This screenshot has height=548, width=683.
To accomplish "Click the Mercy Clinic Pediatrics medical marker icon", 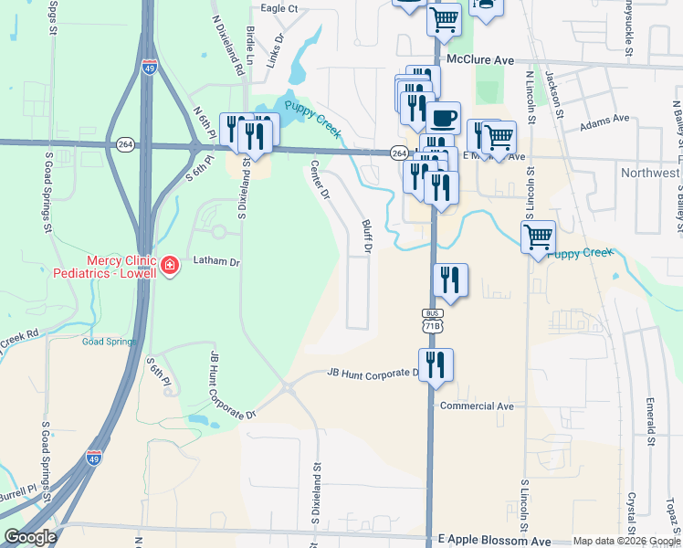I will pyautogui.click(x=169, y=266).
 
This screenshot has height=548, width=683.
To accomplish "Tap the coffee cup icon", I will pyautogui.click(x=444, y=117).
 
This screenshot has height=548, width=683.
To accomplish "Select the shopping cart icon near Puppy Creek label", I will pyautogui.click(x=538, y=237).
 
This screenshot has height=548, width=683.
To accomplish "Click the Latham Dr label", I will pyautogui.click(x=215, y=262).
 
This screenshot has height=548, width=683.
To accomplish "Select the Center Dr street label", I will pyautogui.click(x=320, y=179).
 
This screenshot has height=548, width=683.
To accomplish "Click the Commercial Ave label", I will pyautogui.click(x=477, y=406).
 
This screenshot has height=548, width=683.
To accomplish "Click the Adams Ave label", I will pyautogui.click(x=604, y=119).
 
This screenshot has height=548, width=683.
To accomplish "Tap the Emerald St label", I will pyautogui.click(x=652, y=421).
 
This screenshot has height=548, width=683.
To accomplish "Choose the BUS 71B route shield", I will pyautogui.click(x=432, y=321).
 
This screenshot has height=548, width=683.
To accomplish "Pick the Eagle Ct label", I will pyautogui.click(x=279, y=8).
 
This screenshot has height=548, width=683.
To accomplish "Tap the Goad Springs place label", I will pyautogui.click(x=110, y=342).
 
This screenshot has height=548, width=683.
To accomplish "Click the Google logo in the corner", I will pyautogui.click(x=30, y=537).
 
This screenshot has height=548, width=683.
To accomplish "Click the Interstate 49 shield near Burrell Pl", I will pyautogui.click(x=94, y=458).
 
